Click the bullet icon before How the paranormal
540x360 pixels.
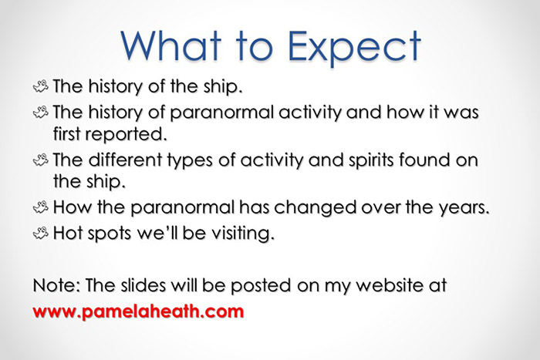(40, 208)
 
